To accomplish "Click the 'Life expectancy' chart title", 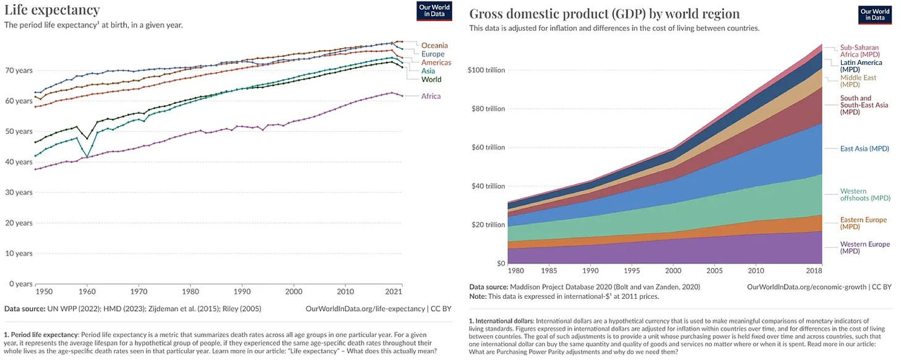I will click(52, 9).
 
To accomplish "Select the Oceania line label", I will click(434, 45).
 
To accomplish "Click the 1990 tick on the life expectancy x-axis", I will click(243, 291).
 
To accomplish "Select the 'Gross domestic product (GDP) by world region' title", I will click(605, 14).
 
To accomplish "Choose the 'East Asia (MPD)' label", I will click(864, 148).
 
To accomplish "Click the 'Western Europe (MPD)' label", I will click(864, 247).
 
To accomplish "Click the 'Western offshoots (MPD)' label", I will click(864, 195).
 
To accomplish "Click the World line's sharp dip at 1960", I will click(87, 138).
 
